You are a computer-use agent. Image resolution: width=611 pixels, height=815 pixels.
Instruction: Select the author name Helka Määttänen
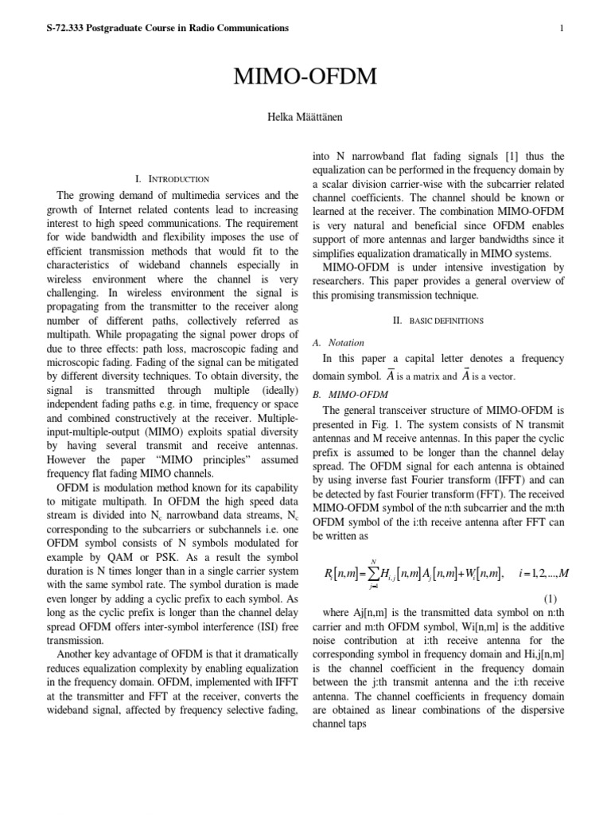coord(305,117)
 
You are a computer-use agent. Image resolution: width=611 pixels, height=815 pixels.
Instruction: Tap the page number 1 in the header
coord(562,29)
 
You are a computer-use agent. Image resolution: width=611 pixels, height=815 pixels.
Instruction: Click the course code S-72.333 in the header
coord(68,29)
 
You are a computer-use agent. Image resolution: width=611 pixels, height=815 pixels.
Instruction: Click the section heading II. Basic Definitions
coord(438,321)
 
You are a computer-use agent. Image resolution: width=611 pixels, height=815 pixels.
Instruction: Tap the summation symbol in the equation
coord(373,573)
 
